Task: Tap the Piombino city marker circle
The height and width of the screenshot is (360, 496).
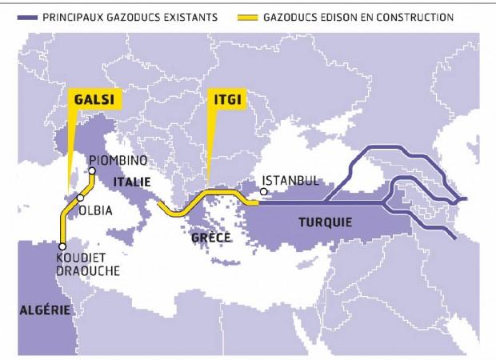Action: coord(92,171)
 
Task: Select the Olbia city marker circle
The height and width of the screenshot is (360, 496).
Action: coord(81,198)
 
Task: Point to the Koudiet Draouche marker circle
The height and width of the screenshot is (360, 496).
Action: coord(62,246)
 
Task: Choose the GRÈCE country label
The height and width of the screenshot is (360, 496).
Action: coord(212,238)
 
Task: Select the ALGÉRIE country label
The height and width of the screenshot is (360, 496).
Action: coord(43,310)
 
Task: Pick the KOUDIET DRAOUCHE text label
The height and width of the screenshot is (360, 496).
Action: coord(89,265)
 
